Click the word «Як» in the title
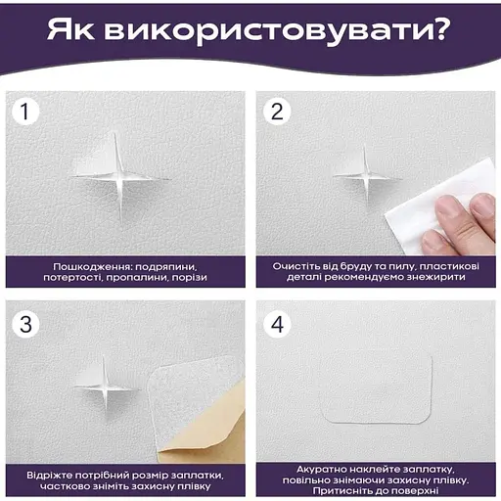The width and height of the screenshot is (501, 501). pyautogui.click(x=70, y=29)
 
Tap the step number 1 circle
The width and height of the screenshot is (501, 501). pyautogui.click(x=25, y=111)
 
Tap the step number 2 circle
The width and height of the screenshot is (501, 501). pyautogui.click(x=277, y=111)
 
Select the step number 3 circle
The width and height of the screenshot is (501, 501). pyautogui.click(x=25, y=324)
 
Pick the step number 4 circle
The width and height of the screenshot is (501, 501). pyautogui.click(x=277, y=324)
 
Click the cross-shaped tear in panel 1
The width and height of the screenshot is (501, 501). pyautogui.click(x=119, y=178)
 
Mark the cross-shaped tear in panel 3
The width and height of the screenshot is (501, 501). pyautogui.click(x=105, y=387)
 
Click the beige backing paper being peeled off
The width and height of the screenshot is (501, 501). pyautogui.click(x=208, y=431)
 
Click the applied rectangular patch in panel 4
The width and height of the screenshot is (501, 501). pyautogui.click(x=378, y=388)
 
